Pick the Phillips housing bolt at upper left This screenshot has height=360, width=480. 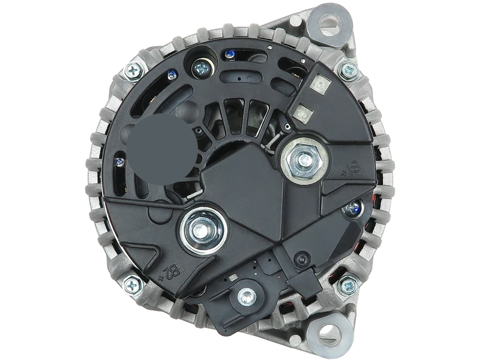coord(133,72)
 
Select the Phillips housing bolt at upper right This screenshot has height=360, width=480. coord(346,70)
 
